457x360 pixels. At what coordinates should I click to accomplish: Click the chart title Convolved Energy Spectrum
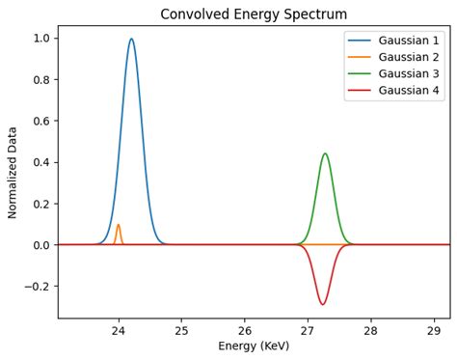(x=254, y=14)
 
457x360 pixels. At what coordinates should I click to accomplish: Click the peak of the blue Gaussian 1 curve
(x=131, y=40)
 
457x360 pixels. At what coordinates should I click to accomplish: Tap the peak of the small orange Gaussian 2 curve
(x=119, y=225)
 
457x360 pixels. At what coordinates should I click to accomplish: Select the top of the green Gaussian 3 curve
(x=325, y=153)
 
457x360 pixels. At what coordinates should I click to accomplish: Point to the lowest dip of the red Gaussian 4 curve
(x=322, y=305)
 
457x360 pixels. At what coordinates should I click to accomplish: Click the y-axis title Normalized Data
(x=13, y=172)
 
